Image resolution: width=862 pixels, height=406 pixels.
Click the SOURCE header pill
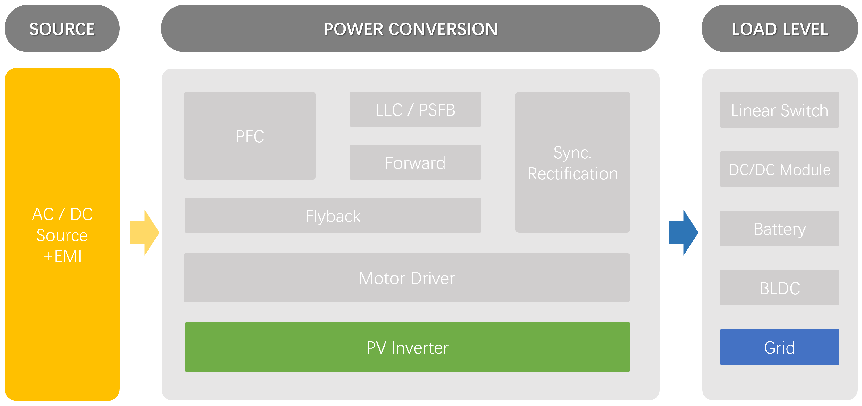click(62, 29)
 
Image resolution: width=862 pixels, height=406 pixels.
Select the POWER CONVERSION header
click(410, 29)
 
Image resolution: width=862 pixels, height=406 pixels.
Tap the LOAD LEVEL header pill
click(780, 29)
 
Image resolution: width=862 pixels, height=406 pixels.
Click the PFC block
click(250, 136)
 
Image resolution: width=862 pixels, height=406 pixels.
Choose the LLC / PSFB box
click(415, 110)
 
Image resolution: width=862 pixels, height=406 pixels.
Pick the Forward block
click(415, 163)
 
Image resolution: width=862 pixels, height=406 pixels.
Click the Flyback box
click(333, 216)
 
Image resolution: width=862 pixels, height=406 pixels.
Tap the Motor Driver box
click(407, 278)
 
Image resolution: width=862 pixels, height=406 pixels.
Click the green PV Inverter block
click(407, 347)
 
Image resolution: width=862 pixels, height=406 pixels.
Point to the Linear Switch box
click(779, 110)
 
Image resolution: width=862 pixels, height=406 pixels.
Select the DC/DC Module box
click(779, 169)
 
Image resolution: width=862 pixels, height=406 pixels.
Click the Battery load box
click(779, 228)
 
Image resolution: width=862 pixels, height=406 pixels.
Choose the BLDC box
click(779, 288)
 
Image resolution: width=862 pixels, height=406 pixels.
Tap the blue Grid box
click(779, 347)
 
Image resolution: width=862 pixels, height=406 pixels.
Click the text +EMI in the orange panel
click(63, 256)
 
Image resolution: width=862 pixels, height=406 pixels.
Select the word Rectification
click(573, 174)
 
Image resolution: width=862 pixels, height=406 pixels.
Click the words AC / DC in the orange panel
click(62, 214)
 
